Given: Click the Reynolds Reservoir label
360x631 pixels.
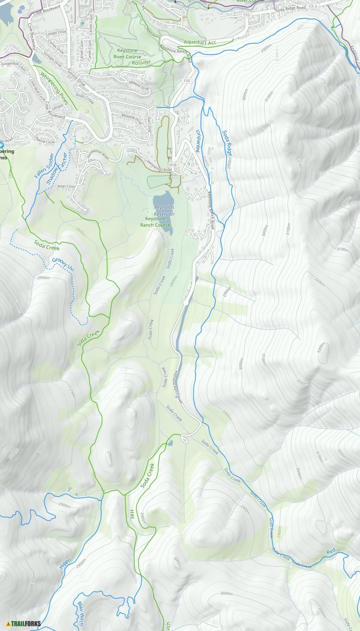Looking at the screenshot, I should click(164, 210).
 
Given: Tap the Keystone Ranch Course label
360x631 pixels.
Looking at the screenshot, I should click(155, 222).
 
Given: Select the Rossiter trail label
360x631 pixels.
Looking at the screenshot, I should click(141, 62).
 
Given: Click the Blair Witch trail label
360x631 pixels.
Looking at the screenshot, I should click(80, 614).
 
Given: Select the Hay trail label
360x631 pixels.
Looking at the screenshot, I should click(132, 514).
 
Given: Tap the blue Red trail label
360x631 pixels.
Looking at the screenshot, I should click(331, 551).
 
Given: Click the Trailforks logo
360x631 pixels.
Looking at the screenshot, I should click(23, 623).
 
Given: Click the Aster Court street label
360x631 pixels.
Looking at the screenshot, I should click(66, 186).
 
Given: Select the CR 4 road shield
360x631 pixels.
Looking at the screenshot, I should click(313, 6).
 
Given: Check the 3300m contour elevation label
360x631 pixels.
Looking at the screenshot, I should click(321, 348).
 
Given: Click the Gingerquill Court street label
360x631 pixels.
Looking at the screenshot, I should click(14, 64).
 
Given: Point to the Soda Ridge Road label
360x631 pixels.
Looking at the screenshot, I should click(290, 8).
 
